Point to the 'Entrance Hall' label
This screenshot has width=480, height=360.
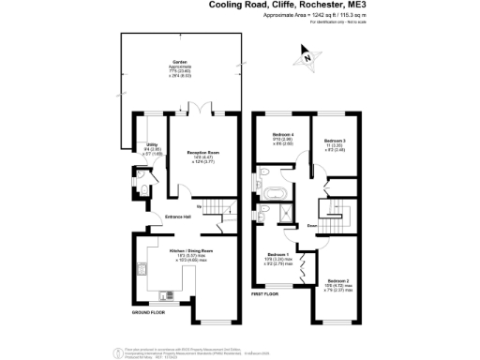[178, 217]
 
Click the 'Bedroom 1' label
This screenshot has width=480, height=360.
[277, 254]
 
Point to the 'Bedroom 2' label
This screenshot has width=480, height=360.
[338, 280]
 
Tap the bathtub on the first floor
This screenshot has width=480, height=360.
[274, 195]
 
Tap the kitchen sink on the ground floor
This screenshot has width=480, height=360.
[142, 271]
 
